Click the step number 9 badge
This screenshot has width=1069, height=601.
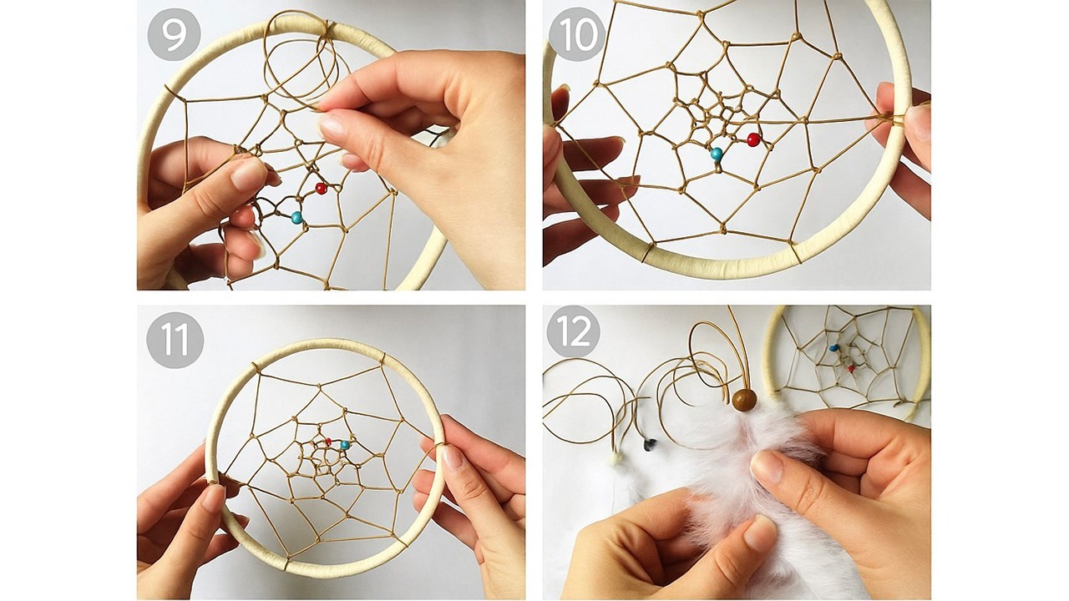175,34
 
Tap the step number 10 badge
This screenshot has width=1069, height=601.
576,34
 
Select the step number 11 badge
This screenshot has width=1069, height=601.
175,340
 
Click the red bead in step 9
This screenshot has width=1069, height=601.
322,189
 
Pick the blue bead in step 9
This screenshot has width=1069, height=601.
296,218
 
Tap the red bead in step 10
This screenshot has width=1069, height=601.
753,139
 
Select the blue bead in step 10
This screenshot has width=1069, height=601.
717,154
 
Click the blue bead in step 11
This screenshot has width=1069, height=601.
344,445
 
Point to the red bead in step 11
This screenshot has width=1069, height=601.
328,442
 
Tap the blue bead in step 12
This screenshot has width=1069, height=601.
833,348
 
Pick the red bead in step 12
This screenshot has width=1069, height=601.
851,369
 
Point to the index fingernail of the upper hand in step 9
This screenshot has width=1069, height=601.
332,125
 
